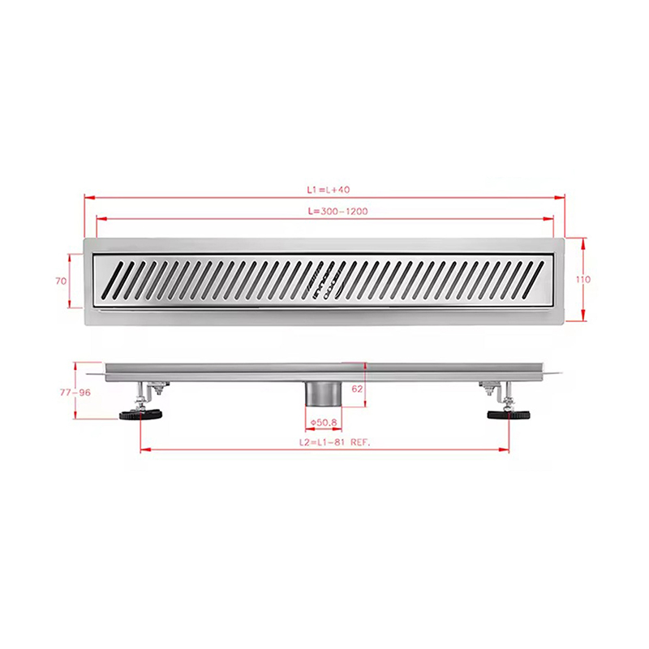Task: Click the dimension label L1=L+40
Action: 329,190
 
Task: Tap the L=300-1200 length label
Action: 337,211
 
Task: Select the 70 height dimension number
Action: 61,281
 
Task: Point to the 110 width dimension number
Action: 583,279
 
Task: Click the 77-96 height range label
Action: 75,393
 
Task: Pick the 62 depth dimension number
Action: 357,389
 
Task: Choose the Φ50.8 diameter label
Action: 324,423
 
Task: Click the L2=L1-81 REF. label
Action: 335,442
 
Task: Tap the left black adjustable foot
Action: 140,414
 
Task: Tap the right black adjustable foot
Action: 509,414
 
